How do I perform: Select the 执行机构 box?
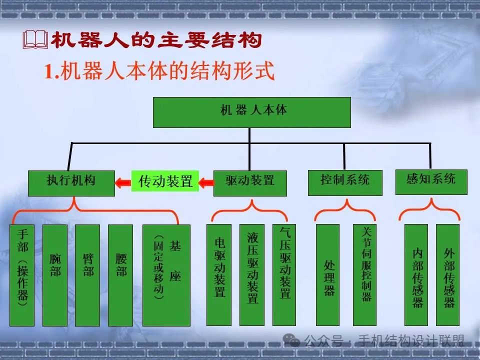(x=71, y=183)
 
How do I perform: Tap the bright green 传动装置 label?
(x=165, y=181)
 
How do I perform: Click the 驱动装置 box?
(x=250, y=183)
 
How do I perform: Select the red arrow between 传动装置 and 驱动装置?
(x=206, y=183)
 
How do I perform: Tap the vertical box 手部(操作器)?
(x=22, y=275)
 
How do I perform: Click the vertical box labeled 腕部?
(x=55, y=275)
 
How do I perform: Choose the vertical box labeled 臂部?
(x=88, y=275)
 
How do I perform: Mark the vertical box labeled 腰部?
(x=120, y=275)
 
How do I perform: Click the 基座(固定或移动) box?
(x=166, y=275)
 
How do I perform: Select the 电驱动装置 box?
(x=219, y=275)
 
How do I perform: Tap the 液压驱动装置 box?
(x=252, y=275)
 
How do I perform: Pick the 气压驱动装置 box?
(x=284, y=275)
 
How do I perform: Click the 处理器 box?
(x=328, y=275)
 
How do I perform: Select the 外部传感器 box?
(x=447, y=275)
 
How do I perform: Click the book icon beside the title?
(x=35, y=40)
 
